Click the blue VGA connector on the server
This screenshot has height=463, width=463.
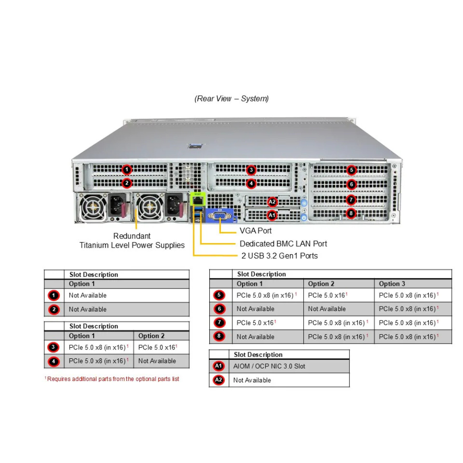pos(220,217)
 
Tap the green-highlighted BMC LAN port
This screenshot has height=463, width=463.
pos(198,200)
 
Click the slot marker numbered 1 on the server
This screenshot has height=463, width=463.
pos(127,169)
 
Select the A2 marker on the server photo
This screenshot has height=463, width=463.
pos(272,201)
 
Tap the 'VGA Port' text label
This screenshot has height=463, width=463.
pos(256,231)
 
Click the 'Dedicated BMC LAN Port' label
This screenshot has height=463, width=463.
pos(283,244)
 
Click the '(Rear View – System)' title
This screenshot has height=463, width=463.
pos(231,99)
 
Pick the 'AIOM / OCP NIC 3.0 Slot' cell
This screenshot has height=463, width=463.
pos(269,366)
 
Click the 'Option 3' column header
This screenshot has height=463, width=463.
pos(392,284)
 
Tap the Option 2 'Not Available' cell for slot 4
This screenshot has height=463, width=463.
pos(157,361)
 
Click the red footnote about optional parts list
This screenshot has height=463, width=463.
pos(112,379)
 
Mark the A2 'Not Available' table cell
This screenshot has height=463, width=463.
pos(252,380)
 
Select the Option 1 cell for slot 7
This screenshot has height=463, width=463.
pos(257,323)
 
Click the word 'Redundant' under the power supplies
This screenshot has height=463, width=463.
pos(132,236)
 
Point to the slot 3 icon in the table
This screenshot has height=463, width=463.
pos(54,347)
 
